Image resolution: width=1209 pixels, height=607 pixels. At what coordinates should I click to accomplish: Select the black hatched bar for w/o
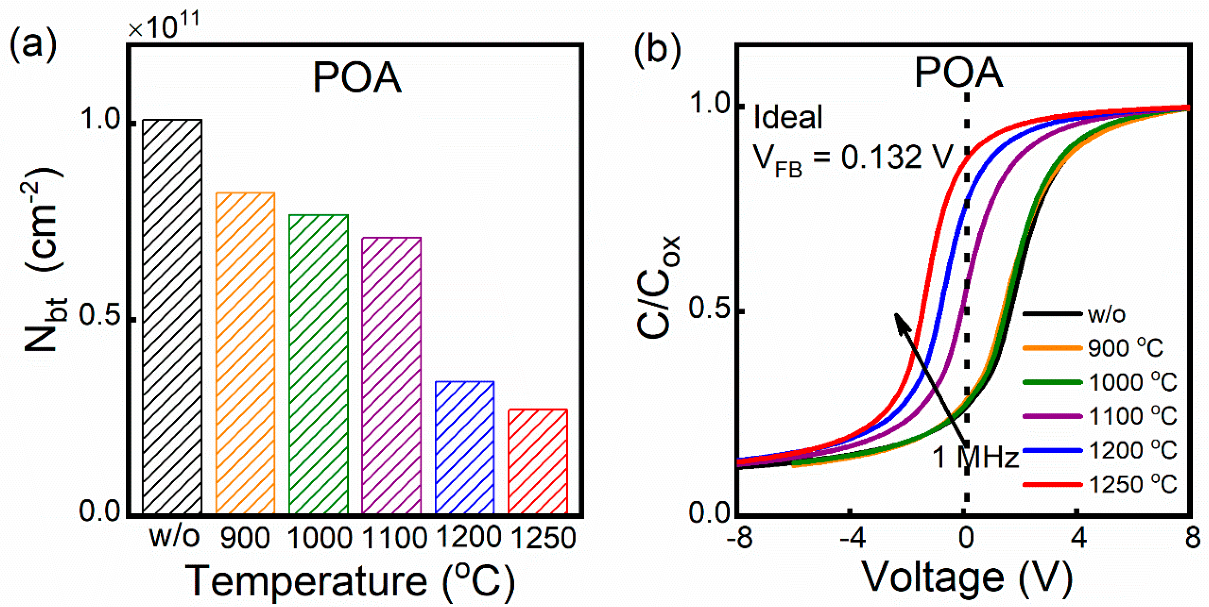coord(172,316)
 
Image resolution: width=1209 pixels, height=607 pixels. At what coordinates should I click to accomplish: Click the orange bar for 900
coord(245,353)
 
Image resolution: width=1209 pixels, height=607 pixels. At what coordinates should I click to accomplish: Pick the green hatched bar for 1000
coord(319,364)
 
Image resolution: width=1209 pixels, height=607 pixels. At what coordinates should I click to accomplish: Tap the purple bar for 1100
coord(392,375)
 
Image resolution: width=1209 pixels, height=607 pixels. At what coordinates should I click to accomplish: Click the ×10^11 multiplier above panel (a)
coord(164,26)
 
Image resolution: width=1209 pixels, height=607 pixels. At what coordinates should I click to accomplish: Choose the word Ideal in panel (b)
coord(788,117)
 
